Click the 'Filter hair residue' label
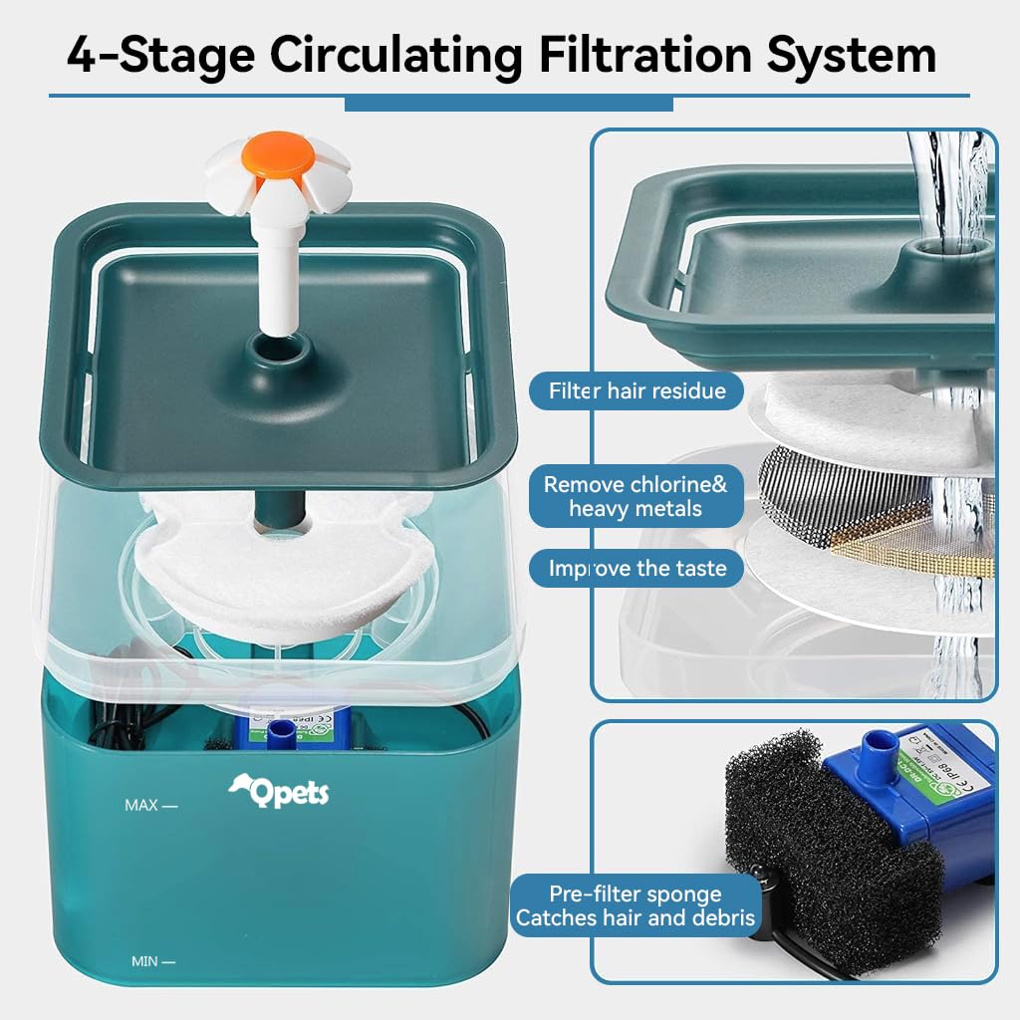point(637,390)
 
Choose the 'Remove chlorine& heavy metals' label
point(636,496)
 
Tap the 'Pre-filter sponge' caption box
point(635,905)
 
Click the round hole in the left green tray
point(276,350)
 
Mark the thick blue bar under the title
point(508,104)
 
